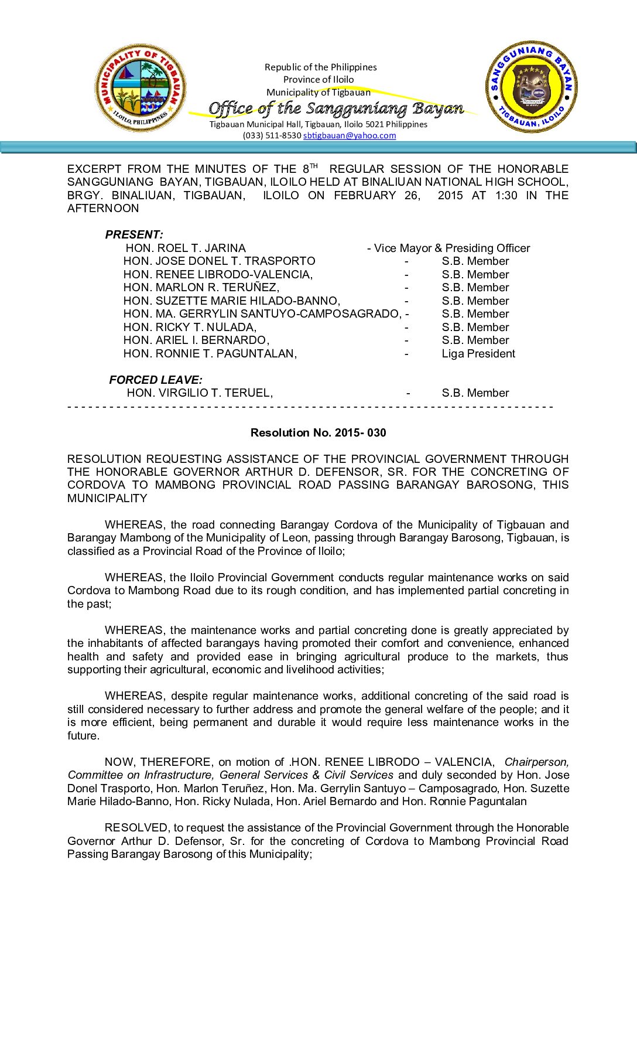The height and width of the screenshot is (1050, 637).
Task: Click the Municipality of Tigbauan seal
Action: coord(141,88)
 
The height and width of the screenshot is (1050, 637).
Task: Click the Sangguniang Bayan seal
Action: coord(531,87)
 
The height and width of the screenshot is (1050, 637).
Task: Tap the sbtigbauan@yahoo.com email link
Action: coord(350,135)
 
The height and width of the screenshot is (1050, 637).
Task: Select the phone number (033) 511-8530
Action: coord(272,135)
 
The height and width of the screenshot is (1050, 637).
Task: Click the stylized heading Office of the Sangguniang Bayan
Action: coord(336,108)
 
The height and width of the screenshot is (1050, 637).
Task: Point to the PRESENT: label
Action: coord(134,234)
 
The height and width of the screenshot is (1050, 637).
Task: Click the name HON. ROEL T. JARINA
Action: coord(186,248)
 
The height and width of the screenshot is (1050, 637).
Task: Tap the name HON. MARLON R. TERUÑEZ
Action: coord(201,287)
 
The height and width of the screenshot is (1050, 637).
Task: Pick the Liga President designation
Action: coord(478,353)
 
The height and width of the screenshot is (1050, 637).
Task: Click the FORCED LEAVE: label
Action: coord(156,380)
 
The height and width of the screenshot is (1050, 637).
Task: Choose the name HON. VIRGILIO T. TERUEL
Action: coord(200,393)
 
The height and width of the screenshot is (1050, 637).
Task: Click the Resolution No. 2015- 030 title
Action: coord(318,432)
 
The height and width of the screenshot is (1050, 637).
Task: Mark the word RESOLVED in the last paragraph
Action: coord(136,827)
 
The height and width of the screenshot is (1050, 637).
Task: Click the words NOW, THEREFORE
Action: coord(158,762)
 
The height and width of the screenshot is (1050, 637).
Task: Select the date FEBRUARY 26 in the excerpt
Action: coord(377,195)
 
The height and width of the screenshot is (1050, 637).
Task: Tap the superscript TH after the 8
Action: coord(314,166)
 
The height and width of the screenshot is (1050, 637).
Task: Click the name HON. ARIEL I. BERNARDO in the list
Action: coord(196,340)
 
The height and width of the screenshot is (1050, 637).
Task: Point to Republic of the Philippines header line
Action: coord(320,67)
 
